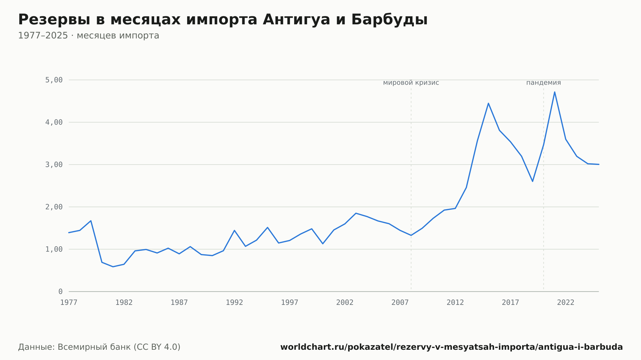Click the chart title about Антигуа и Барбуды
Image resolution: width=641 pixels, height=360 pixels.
pyautogui.click(x=223, y=20)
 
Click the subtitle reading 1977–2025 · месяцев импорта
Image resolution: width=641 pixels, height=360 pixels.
pyautogui.click(x=88, y=36)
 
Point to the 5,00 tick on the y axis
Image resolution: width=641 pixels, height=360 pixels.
pyautogui.click(x=54, y=80)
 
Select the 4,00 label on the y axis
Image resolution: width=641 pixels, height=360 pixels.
pyautogui.click(x=54, y=122)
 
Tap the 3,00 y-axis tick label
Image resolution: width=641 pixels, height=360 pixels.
pyautogui.click(x=54, y=165)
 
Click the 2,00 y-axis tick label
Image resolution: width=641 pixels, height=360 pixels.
pyautogui.click(x=54, y=207)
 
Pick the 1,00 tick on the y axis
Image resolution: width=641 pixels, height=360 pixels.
pyautogui.click(x=54, y=249)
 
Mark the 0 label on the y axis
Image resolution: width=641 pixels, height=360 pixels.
pyautogui.click(x=61, y=291)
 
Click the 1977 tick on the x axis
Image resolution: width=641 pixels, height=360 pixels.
pyautogui.click(x=69, y=302)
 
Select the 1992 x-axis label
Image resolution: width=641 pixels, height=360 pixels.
pyautogui.click(x=235, y=302)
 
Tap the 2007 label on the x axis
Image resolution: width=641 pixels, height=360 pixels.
pyautogui.click(x=400, y=302)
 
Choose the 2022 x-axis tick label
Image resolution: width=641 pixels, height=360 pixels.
pyautogui.click(x=566, y=302)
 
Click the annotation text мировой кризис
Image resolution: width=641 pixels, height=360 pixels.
pyautogui.click(x=411, y=83)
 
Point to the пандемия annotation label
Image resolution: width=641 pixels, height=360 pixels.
pyautogui.click(x=544, y=83)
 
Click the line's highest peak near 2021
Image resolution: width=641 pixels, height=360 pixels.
pyautogui.click(x=554, y=92)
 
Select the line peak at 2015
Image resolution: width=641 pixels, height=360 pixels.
pyautogui.click(x=488, y=103)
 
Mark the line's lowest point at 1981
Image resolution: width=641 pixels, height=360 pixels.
pyautogui.click(x=113, y=267)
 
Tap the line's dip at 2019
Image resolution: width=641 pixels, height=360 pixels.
pyautogui.click(x=533, y=181)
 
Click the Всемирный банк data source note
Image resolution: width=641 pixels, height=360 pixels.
pyautogui.click(x=99, y=347)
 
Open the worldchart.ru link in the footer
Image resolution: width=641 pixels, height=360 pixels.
pyautogui.click(x=452, y=347)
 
